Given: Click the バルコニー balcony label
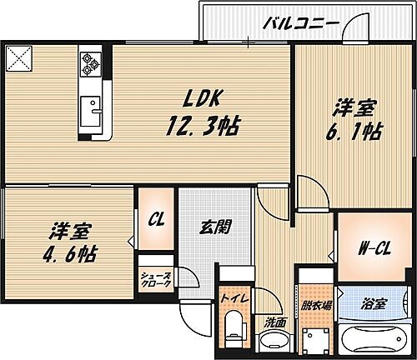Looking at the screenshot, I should [x=300, y=22].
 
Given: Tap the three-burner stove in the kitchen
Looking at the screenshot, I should [x=90, y=62].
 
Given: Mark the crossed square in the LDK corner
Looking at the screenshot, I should [x=18, y=58].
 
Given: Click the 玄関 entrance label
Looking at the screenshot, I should [x=214, y=225].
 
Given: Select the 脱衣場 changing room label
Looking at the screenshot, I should [x=318, y=306].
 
